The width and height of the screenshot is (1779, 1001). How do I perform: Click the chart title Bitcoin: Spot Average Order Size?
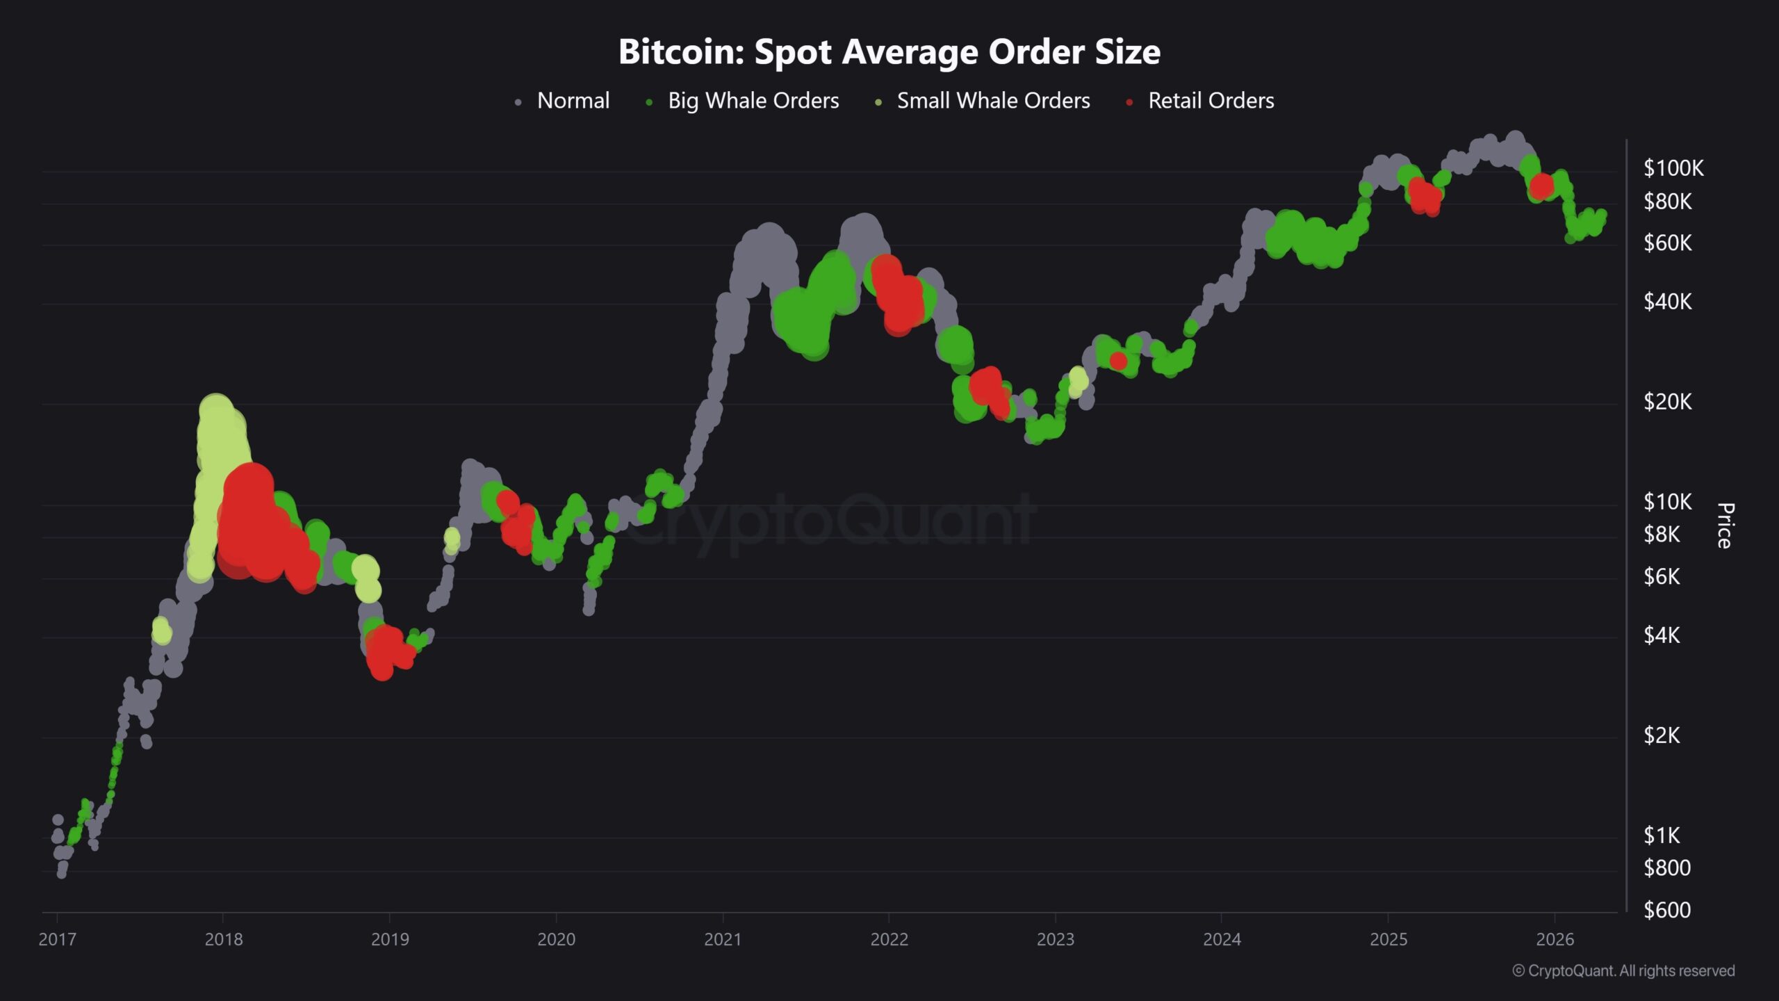coord(889,51)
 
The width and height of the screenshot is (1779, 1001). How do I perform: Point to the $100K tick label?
coord(1673,168)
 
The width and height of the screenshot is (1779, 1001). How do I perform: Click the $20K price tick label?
coord(1667,402)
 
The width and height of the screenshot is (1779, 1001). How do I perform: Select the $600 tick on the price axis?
coord(1666,910)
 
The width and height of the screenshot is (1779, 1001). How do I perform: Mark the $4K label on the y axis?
coord(1662,635)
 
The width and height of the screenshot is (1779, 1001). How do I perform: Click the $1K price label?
coord(1662,835)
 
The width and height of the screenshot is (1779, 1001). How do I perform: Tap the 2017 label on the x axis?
coord(57,939)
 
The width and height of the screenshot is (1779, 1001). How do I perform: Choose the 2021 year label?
coord(723,939)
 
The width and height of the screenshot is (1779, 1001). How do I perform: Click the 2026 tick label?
coord(1555,939)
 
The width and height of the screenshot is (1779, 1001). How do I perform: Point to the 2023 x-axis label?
coord(1055,939)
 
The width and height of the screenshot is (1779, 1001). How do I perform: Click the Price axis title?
coord(1725,526)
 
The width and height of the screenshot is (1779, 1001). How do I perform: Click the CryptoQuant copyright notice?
coord(1623,970)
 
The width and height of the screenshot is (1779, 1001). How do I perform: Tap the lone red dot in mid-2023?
coord(1118,361)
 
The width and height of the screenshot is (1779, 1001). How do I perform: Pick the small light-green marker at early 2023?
coord(1078,380)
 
